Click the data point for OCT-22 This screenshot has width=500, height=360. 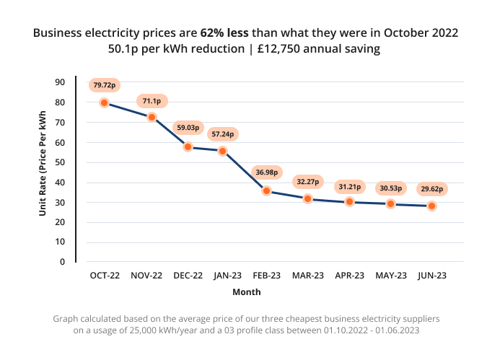(x=105, y=103)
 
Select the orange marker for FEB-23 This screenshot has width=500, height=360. (x=267, y=191)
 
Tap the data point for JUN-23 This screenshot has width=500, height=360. (x=431, y=206)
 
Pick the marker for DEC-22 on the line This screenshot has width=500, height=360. (x=188, y=147)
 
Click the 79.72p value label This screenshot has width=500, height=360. (x=105, y=85)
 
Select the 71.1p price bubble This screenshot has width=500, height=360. (x=152, y=101)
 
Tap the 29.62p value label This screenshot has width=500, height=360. (x=431, y=189)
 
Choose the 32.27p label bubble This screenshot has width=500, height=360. (x=307, y=182)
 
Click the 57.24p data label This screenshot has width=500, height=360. (x=222, y=133)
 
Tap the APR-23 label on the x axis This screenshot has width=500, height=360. (x=349, y=276)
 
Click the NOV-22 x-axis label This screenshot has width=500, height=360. (x=146, y=276)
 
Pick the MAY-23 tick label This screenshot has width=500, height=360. (x=390, y=276)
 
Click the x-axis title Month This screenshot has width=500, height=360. (x=247, y=292)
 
